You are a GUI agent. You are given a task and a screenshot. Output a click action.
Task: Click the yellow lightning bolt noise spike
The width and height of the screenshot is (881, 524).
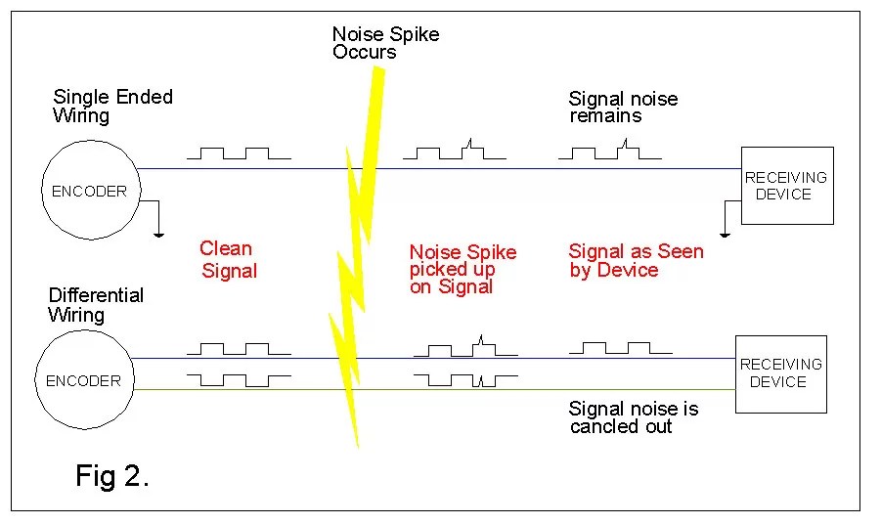coord(357,244)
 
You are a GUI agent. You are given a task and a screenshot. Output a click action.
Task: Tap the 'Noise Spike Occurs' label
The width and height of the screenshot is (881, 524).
coord(385,43)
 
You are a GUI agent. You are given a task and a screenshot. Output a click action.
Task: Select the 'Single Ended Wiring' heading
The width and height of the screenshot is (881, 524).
coord(111,106)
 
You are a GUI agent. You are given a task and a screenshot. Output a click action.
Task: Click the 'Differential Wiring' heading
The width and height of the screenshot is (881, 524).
coord(95,304)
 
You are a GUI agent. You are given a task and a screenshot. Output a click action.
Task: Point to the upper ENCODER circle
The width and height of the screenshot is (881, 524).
coord(89,191)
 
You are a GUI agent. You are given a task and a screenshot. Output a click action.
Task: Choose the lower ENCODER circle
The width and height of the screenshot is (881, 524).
coord(83,381)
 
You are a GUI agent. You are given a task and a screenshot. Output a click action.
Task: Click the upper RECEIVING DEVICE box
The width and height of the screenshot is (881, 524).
coord(786,186)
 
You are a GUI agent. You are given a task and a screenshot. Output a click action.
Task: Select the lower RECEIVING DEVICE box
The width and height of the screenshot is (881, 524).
coord(780,372)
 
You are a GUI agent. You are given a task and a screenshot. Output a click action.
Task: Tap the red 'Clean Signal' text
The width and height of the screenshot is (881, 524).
coord(227,259)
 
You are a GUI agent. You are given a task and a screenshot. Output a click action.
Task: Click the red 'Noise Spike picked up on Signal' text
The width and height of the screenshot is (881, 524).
coord(463,269)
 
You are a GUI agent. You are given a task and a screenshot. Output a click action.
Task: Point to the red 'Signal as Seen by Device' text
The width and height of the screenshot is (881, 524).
coord(636,260)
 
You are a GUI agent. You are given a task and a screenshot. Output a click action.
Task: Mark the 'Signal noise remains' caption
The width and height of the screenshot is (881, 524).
coord(622,107)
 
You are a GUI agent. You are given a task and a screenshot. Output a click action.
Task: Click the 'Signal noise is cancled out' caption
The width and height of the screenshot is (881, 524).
coord(633,416)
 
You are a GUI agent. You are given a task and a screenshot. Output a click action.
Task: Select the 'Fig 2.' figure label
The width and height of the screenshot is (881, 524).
coord(111,476)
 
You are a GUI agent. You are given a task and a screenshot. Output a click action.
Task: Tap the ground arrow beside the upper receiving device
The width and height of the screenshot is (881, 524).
coord(724,220)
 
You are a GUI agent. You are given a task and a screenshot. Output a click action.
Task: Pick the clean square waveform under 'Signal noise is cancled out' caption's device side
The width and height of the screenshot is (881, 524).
coord(620,347)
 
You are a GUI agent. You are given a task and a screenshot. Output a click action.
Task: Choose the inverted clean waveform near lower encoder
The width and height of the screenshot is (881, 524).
coord(239,378)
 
